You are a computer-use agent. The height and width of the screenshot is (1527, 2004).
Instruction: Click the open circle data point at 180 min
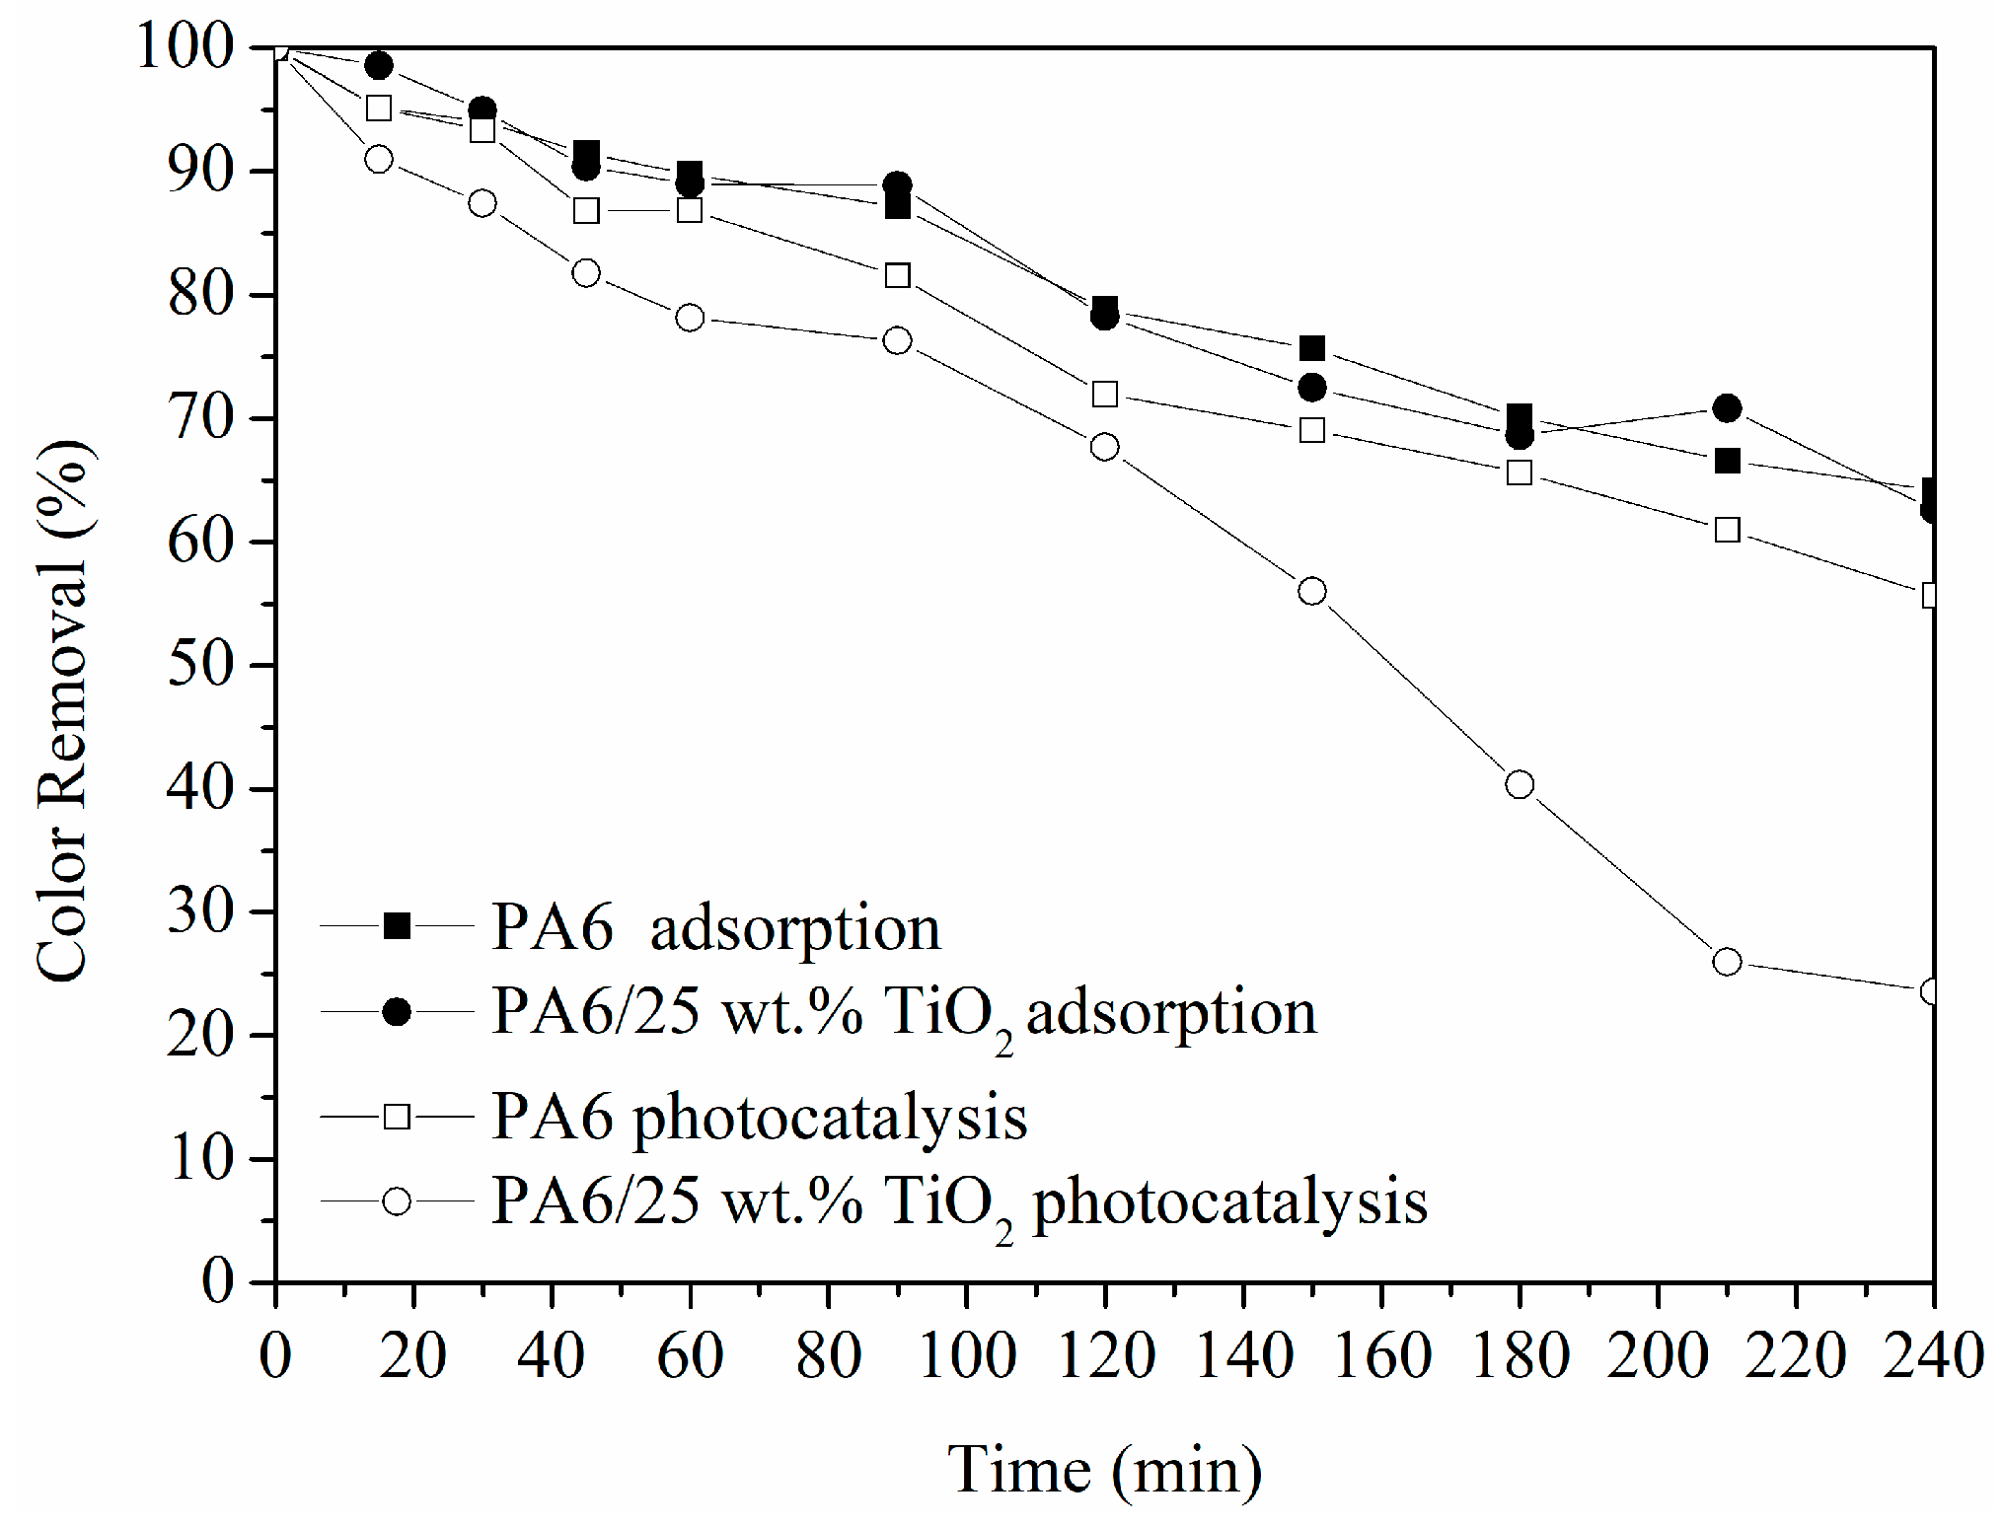click(1520, 784)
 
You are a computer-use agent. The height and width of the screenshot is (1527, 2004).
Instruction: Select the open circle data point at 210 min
click(1727, 962)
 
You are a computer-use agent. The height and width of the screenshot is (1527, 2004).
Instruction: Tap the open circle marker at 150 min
click(1312, 591)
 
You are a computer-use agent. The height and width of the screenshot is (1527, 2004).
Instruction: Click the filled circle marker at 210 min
click(1727, 407)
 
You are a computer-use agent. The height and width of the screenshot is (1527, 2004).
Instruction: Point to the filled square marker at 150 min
click(1312, 347)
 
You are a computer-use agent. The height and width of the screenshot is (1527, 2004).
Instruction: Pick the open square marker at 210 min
click(1727, 530)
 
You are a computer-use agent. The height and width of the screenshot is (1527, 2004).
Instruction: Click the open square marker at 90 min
click(897, 275)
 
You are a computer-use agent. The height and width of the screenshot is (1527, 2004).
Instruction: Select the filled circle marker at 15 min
click(379, 65)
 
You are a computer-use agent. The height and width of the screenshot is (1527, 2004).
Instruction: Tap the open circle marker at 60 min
click(690, 318)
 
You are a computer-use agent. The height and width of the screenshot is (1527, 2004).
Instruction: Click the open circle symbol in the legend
click(397, 1200)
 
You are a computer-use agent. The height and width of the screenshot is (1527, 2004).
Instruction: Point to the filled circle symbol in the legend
click(397, 1012)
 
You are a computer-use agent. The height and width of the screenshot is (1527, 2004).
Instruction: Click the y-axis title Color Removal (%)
click(64, 710)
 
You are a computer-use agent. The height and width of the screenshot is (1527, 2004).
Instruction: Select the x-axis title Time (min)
click(1105, 1470)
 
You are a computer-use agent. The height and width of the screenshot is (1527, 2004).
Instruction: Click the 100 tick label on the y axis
click(186, 47)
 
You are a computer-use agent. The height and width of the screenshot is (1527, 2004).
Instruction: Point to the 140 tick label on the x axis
click(1243, 1355)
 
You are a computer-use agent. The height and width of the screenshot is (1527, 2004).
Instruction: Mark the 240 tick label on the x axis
click(1932, 1355)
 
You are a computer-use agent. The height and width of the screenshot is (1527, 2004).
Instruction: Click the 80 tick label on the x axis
click(828, 1355)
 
